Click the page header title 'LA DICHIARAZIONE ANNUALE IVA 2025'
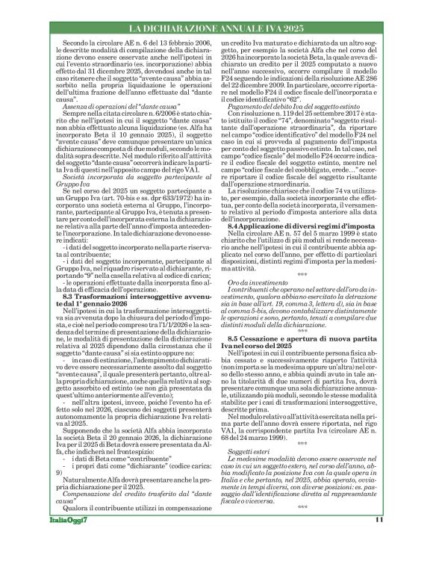[x=216, y=28]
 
